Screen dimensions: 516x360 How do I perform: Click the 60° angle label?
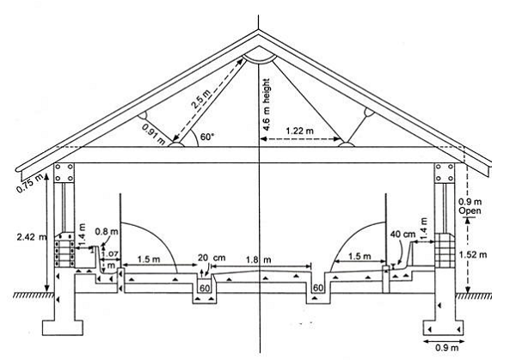(207, 137)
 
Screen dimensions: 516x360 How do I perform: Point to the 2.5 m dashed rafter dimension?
(210, 100)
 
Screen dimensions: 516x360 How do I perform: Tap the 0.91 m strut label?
(154, 134)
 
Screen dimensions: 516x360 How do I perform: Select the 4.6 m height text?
(267, 105)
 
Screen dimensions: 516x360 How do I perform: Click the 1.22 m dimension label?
(300, 131)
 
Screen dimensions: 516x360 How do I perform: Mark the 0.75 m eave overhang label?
(29, 184)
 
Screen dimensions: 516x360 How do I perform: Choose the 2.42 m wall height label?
(32, 237)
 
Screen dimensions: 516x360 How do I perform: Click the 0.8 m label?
(107, 231)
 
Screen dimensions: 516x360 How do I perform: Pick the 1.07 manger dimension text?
(110, 254)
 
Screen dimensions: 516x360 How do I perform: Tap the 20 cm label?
(212, 258)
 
